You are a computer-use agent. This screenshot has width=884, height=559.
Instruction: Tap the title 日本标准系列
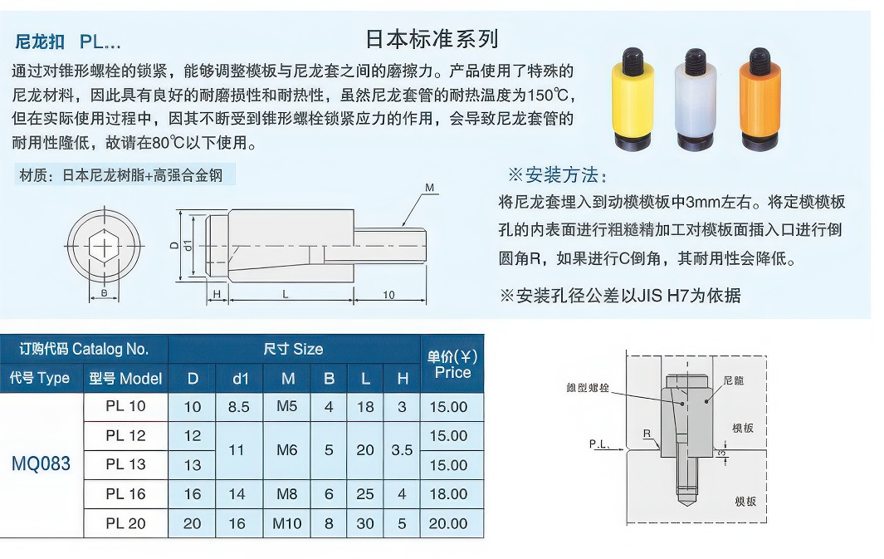(432, 39)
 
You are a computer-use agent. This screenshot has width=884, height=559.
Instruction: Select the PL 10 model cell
(125, 406)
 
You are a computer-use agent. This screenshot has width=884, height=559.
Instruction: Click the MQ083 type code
(42, 464)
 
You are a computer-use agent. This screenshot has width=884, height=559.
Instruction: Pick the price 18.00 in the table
(448, 494)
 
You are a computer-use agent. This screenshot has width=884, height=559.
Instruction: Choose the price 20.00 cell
(448, 524)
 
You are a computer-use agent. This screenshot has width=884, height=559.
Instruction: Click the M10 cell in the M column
(287, 524)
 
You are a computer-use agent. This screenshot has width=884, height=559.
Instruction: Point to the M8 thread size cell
(287, 494)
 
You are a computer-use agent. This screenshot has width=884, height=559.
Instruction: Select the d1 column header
(240, 379)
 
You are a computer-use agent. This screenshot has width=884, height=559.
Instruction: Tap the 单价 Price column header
(452, 364)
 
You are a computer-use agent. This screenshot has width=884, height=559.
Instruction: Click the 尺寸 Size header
(293, 349)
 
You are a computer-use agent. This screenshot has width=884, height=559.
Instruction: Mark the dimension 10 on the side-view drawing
(389, 295)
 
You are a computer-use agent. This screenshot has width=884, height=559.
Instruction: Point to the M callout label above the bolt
(430, 189)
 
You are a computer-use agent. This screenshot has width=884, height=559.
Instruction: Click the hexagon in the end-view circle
(104, 246)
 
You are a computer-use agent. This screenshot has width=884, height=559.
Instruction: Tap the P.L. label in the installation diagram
(600, 444)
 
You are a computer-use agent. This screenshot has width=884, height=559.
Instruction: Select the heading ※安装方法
(558, 175)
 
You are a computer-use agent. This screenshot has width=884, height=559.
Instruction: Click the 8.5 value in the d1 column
(239, 406)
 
